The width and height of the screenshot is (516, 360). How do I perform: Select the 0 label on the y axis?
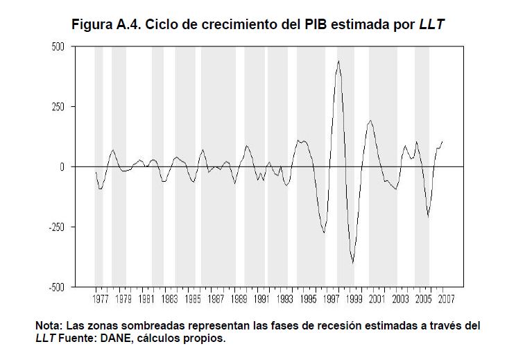tap(62, 167)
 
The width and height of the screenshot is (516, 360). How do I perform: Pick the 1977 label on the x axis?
tap(101, 300)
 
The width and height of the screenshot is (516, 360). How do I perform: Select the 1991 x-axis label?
tap(261, 300)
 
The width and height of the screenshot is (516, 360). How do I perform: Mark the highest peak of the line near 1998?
tap(338, 61)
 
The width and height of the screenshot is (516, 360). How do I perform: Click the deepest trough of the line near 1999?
tap(352, 263)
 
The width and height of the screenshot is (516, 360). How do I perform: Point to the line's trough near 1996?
tap(324, 232)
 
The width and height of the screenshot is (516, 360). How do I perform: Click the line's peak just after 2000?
tap(370, 121)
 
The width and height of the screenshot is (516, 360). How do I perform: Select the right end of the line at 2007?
tap(442, 142)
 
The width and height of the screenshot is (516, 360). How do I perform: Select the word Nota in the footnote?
tap(49, 325)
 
